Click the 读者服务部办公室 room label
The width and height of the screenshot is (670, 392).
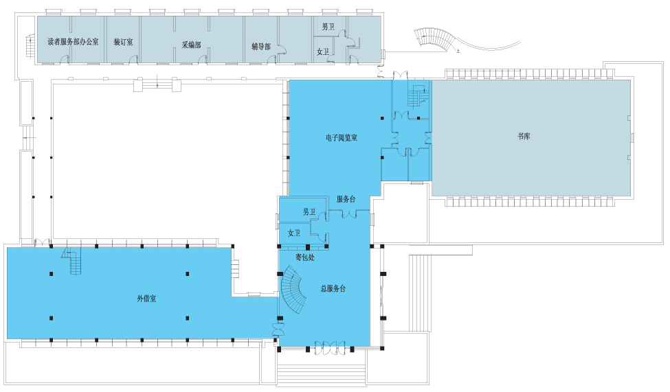tap(73, 42)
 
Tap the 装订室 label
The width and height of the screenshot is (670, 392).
tap(123, 42)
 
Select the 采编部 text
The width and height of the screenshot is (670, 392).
tap(191, 45)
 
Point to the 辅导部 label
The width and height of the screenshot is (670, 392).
tap(261, 46)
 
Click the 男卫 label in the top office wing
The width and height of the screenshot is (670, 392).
tap(328, 27)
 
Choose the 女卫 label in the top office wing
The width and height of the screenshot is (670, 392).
tap(322, 51)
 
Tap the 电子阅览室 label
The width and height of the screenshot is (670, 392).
tap(342, 138)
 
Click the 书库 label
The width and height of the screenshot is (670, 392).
tap(524, 136)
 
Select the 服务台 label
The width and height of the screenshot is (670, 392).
tap(346, 199)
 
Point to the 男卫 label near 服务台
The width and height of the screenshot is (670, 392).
tap(309, 212)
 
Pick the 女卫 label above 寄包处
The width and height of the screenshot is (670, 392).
tap(294, 233)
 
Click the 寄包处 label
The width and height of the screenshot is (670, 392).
tap(305, 257)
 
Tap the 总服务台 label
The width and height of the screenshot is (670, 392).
tap(333, 288)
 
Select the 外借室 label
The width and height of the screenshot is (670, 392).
tap(146, 299)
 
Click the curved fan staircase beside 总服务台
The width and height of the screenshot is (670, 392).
tap(293, 290)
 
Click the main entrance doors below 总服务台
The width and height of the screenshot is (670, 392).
tap(330, 347)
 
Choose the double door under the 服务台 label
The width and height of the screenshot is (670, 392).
tap(348, 214)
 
